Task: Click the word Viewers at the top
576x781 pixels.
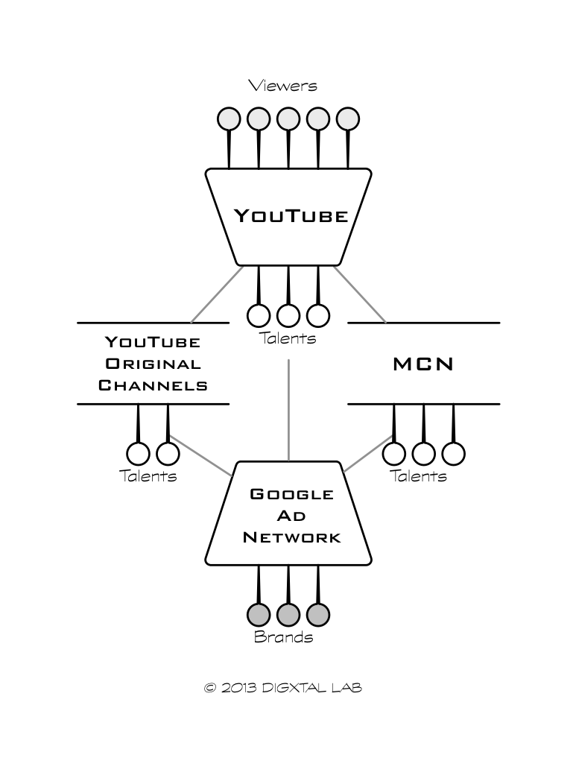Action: pyautogui.click(x=283, y=86)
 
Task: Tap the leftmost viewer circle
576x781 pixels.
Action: pyautogui.click(x=229, y=118)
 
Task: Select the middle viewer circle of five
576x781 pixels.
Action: pyautogui.click(x=288, y=118)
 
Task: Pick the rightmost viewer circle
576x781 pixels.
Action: pyautogui.click(x=348, y=118)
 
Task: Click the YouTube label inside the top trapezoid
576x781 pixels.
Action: pyautogui.click(x=291, y=216)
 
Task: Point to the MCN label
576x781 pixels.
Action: pyautogui.click(x=423, y=364)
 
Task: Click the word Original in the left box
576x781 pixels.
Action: pyautogui.click(x=153, y=364)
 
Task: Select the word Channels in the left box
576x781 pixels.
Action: pyautogui.click(x=153, y=386)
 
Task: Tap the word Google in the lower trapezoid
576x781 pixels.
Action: pyautogui.click(x=291, y=494)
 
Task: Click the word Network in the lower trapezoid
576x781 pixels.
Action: pyautogui.click(x=291, y=537)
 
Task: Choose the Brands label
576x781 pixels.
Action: pyautogui.click(x=283, y=637)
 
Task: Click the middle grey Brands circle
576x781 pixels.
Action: pyautogui.click(x=288, y=614)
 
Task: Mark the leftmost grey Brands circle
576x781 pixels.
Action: pyautogui.click(x=259, y=614)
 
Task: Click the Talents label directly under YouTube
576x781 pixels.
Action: pyautogui.click(x=288, y=338)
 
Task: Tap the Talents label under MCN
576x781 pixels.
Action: pyautogui.click(x=419, y=476)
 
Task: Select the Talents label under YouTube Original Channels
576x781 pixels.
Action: pyautogui.click(x=148, y=476)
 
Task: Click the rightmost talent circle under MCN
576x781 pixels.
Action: pyautogui.click(x=453, y=452)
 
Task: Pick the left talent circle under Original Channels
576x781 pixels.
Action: pyautogui.click(x=139, y=452)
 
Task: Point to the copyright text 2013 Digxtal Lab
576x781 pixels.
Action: pyautogui.click(x=283, y=688)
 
